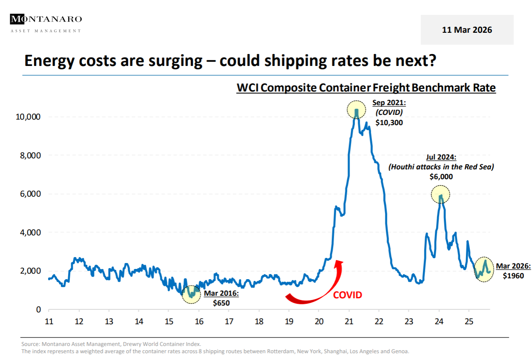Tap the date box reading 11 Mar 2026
tap(467, 30)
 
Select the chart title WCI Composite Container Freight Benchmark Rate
tap(366, 88)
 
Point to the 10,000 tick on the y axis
tap(28, 117)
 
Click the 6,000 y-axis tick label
tap(30, 194)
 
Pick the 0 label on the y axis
tap(38, 309)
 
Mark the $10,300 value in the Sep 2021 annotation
tap(389, 122)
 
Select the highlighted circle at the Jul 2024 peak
tap(440, 194)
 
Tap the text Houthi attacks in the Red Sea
tap(441, 167)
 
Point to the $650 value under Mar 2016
tap(221, 303)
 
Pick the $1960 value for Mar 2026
tap(513, 275)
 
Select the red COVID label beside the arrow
tap(347, 295)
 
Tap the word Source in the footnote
tap(29, 344)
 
